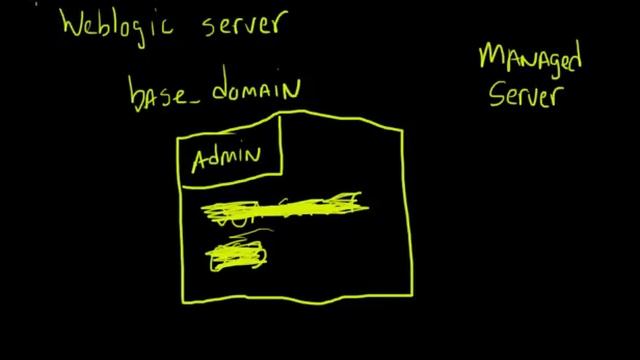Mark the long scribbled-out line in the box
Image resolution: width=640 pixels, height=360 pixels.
pyautogui.click(x=285, y=209)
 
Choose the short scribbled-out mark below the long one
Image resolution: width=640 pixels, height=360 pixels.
pyautogui.click(x=237, y=255)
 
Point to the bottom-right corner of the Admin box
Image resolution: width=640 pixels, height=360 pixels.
pyautogui.click(x=283, y=181)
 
